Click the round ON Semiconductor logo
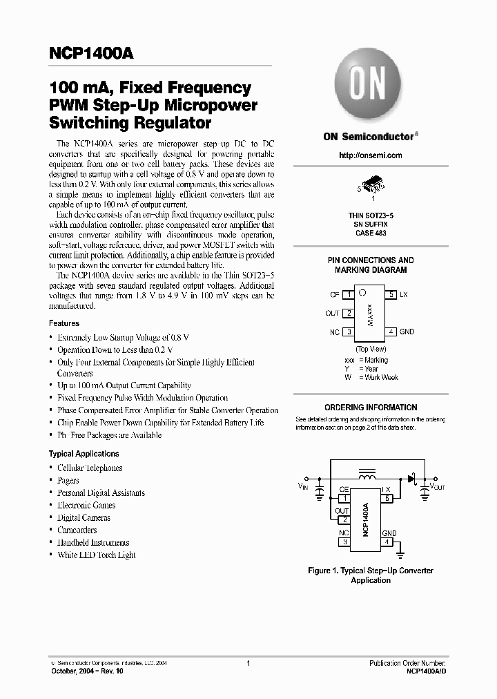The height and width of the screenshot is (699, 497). coord(371,87)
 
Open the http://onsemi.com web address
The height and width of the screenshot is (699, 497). coord(371,155)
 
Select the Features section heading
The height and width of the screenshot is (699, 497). coord(64,323)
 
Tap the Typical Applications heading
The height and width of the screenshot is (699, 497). coord(84,454)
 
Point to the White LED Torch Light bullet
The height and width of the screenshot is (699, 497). coord(96,555)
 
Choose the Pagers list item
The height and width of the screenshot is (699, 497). coord(68,480)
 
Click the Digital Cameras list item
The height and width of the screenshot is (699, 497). coord(84,517)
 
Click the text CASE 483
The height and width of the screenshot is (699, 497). coord(371,233)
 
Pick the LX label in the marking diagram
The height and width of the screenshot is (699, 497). coord(404,295)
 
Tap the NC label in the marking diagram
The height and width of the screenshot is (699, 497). coord(334,332)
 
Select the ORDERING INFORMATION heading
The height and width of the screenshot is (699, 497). coord(371,408)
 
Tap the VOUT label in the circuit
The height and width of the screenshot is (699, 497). coord(438,487)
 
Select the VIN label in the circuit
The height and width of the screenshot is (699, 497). coord(304,487)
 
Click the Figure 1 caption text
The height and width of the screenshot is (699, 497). coord(371,575)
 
